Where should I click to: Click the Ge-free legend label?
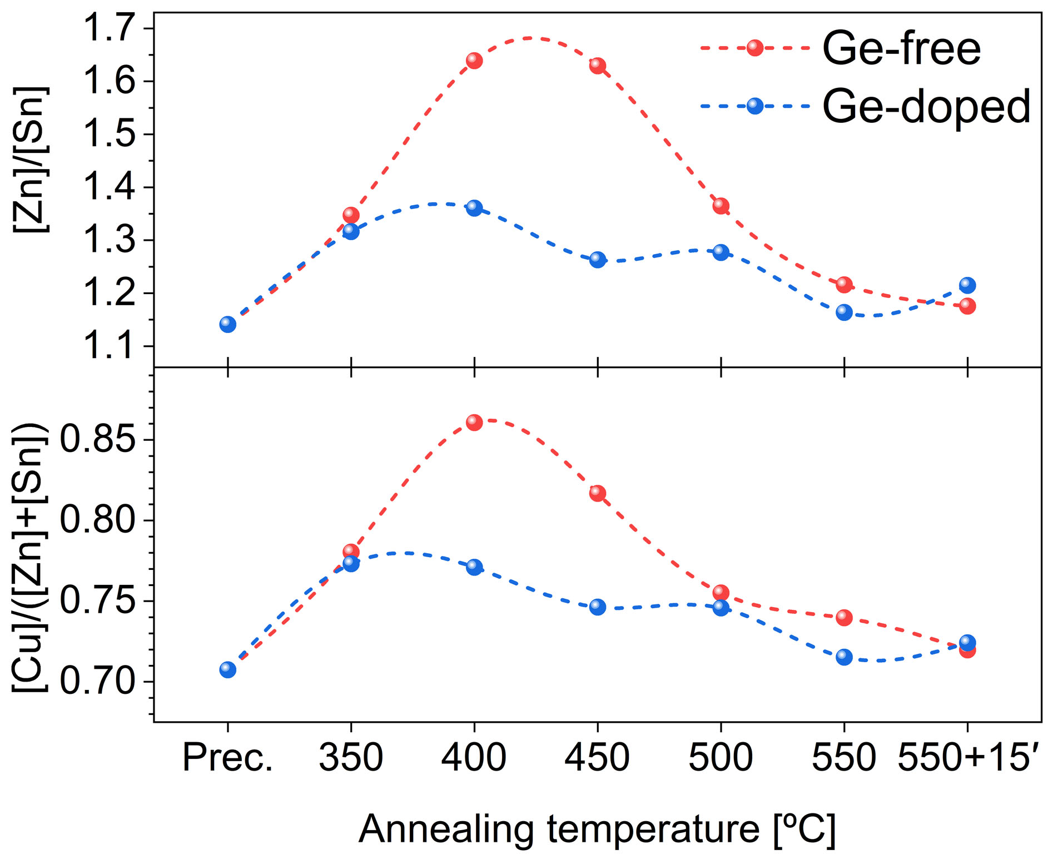point(901,49)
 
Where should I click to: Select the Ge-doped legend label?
point(926,107)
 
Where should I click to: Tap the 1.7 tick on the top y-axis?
point(108,28)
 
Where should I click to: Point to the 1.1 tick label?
point(108,346)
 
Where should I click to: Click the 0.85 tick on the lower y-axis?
point(97,440)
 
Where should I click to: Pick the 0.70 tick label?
point(97,682)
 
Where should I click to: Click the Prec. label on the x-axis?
point(228,758)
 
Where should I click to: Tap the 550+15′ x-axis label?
point(968,758)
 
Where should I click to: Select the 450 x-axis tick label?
point(597,758)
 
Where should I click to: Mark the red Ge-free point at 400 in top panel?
point(474,60)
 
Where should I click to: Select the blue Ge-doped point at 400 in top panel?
point(474,208)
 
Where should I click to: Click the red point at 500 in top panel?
point(721,206)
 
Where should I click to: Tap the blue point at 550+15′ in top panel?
point(967,285)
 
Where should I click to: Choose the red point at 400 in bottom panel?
point(474,422)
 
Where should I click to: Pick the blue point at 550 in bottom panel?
point(844,657)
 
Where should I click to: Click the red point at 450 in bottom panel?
point(598,493)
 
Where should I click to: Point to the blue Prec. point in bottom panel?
point(227,669)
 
